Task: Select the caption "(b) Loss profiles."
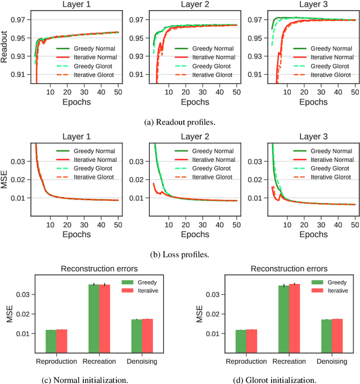(x=179, y=254)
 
